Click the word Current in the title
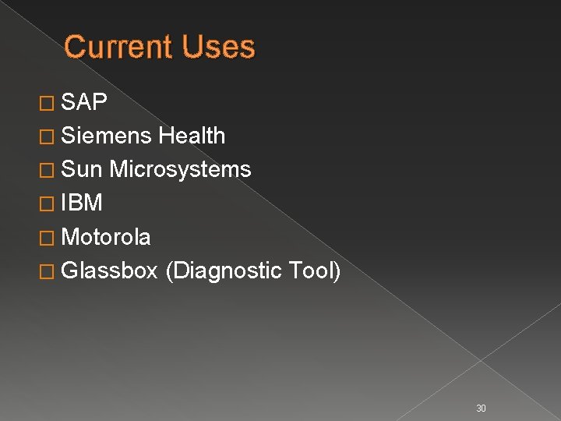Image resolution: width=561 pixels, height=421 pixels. click(119, 47)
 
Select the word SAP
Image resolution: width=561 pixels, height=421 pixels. click(84, 102)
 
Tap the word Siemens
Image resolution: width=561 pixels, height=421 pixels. click(106, 136)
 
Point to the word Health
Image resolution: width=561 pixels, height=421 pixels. click(191, 136)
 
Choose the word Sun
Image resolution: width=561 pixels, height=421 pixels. click(82, 169)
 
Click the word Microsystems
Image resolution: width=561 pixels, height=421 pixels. click(180, 169)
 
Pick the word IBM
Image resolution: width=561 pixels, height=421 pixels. click(81, 203)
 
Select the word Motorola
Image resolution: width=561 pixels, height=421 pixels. click(106, 236)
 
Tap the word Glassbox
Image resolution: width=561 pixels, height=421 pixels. click(110, 271)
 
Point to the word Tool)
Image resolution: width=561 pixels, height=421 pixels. click(314, 271)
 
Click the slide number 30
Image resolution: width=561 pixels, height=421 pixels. click(481, 387)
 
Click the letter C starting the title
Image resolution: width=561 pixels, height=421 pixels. click(75, 47)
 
